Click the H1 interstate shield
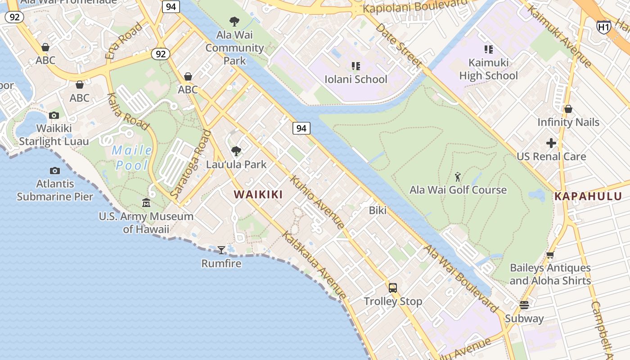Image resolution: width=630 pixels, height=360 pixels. (x=604, y=27)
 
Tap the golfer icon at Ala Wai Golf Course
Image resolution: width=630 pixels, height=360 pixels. (x=458, y=177)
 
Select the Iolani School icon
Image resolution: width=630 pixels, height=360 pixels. (x=356, y=66)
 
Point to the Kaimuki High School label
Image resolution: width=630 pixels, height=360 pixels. (x=489, y=69)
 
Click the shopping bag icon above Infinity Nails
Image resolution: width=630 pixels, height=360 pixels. (x=568, y=109)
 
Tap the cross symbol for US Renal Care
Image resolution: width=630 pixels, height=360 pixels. (x=551, y=144)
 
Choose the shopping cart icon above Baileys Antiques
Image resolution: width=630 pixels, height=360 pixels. (x=550, y=255)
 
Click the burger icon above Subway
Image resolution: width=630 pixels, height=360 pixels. (x=524, y=305)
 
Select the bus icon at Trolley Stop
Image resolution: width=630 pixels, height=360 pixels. (x=393, y=288)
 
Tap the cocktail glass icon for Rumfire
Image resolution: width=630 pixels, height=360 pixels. (x=221, y=250)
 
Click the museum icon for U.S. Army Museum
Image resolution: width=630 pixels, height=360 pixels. (x=146, y=203)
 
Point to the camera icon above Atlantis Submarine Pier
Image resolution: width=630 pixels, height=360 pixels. (x=55, y=171)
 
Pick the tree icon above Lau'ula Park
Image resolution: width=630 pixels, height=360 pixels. (x=236, y=151)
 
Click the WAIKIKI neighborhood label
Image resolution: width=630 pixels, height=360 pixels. (x=258, y=194)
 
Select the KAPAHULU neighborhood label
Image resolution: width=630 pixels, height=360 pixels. (x=588, y=196)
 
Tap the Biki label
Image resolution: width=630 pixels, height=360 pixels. (x=378, y=210)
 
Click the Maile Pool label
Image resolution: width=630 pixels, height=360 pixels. (x=132, y=158)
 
